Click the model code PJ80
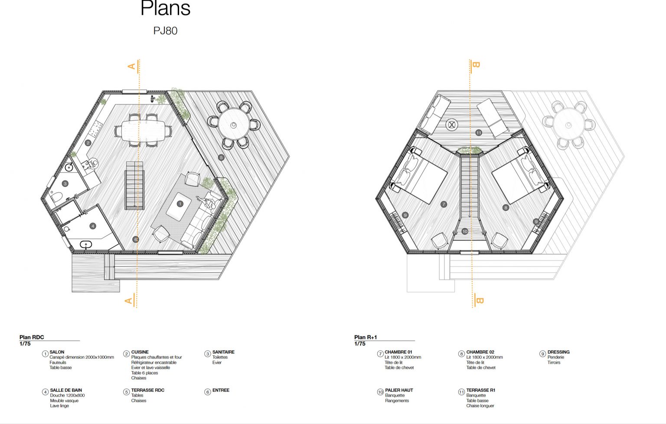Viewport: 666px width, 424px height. [x=165, y=31]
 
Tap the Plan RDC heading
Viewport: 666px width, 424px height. [x=32, y=337]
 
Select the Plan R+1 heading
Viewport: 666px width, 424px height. [x=366, y=337]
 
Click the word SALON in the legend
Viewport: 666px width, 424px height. [x=57, y=352]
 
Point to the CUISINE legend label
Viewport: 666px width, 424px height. [x=140, y=352]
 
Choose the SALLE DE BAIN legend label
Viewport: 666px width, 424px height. [x=66, y=390]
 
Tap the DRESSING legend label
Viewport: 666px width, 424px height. [x=558, y=352]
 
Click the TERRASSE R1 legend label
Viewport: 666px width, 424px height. [x=480, y=390]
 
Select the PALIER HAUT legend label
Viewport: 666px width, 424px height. [x=399, y=390]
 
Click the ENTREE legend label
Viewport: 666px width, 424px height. [x=221, y=390]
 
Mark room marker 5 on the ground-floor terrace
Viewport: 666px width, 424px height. [x=221, y=158]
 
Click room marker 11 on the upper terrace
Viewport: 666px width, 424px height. [x=478, y=133]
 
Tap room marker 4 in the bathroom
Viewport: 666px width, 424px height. [x=93, y=226]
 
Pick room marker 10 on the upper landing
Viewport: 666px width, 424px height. [x=465, y=231]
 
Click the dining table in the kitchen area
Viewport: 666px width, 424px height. [x=144, y=131]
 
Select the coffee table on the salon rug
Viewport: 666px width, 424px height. [x=179, y=207]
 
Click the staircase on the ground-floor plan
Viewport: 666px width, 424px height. [x=134, y=186]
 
